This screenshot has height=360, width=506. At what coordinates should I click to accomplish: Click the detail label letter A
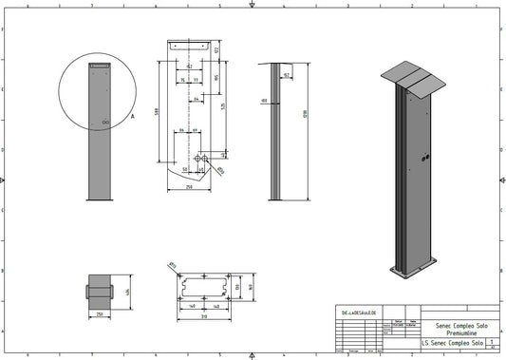point(132,114)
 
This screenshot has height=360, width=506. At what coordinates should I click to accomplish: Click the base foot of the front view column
point(100,199)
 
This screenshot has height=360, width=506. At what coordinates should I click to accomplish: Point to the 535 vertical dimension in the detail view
point(224,106)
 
